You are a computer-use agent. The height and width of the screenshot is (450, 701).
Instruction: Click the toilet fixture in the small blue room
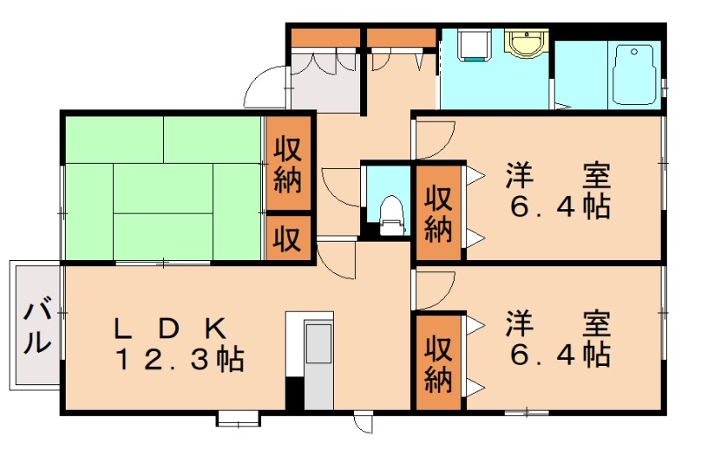391,215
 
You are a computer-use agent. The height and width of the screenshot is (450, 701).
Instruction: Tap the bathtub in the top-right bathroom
634,74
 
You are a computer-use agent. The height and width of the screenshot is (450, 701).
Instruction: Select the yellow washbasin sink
527,44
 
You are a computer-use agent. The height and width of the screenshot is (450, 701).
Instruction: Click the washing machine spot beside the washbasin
474,45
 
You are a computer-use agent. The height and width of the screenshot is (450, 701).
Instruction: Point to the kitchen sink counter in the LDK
318,365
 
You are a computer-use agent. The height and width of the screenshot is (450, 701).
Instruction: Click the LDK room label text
169,329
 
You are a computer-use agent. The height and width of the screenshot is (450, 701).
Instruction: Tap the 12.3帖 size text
180,359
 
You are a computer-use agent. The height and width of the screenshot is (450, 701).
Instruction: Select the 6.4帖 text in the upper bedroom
560,207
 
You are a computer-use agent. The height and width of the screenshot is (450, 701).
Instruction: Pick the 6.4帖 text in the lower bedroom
560,355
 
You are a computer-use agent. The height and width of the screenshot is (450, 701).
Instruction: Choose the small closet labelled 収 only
288,238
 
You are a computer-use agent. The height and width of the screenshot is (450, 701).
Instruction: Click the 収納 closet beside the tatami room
288,164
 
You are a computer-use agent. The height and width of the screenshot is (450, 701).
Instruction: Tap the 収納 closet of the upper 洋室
438,213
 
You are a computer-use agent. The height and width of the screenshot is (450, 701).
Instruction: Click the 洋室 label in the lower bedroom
559,324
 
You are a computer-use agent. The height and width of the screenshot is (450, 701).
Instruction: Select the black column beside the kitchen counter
294,393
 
